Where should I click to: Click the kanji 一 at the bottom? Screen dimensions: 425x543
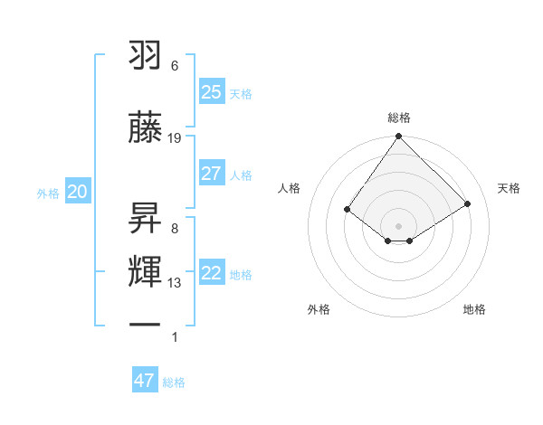pos(145,323)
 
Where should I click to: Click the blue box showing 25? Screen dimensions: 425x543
pos(211,91)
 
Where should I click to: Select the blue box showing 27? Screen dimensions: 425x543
pos(211,174)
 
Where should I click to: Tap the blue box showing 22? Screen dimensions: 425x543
pos(211,273)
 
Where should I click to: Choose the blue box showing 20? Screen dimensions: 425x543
pos(78,192)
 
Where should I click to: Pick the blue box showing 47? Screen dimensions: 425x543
pos(145,381)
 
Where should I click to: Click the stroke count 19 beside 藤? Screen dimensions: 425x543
pos(175,138)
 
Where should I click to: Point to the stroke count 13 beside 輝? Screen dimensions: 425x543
pos(175,283)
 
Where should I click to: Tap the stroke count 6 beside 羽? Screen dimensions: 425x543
pos(175,66)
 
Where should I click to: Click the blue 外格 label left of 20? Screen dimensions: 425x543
pos(48,193)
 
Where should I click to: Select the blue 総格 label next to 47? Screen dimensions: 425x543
pos(174,382)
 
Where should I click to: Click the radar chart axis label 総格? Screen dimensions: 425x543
pos(398,118)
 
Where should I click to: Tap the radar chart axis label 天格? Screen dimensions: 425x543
pos(509,188)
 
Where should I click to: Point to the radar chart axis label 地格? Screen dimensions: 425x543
pos(474,309)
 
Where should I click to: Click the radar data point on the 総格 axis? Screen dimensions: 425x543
pos(398,137)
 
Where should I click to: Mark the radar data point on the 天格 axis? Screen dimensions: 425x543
pos(468,204)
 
